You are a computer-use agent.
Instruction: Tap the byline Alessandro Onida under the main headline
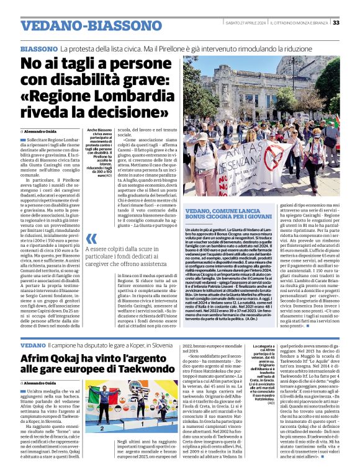[43, 132]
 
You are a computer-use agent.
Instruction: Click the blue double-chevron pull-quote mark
[92, 239]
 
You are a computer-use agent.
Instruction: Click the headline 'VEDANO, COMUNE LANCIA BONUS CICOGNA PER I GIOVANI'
[233, 215]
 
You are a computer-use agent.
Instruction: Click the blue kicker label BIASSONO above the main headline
[39, 48]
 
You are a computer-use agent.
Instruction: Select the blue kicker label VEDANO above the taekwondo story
[33, 344]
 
